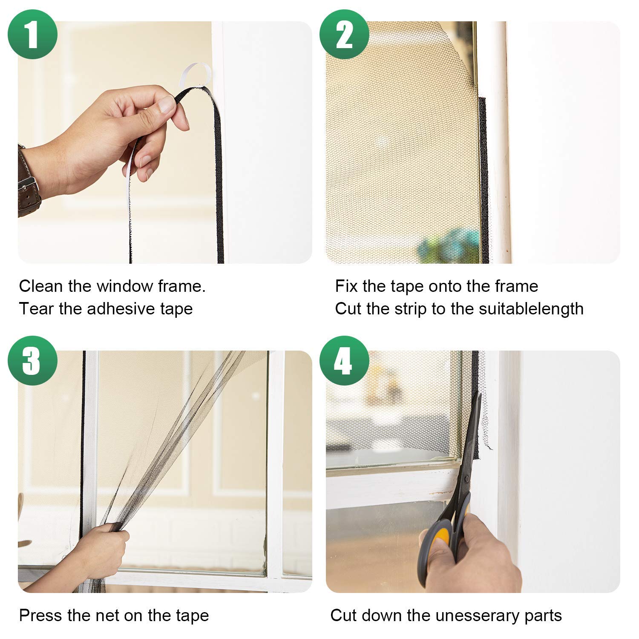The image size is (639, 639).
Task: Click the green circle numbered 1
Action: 32,34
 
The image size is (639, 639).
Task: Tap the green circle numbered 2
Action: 344,34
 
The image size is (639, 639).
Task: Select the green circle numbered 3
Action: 32,360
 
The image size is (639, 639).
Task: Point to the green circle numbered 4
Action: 344,360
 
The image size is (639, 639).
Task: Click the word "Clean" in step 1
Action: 40,286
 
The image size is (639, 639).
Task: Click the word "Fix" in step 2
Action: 346,286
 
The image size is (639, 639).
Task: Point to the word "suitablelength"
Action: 531,309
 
